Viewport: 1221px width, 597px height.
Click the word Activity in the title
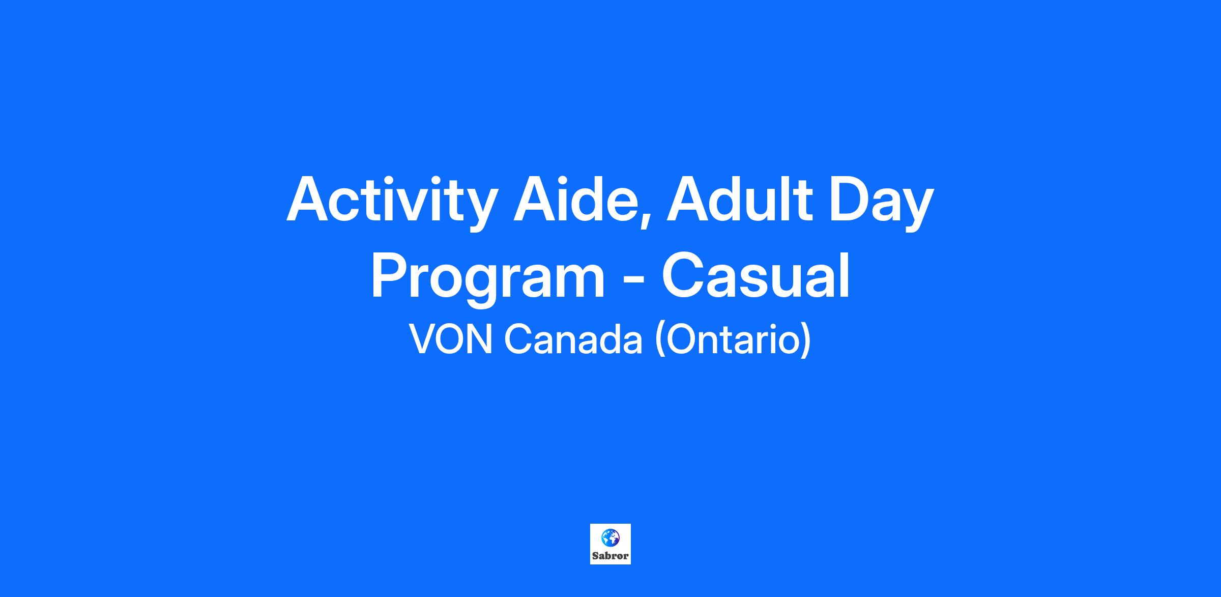pyautogui.click(x=390, y=202)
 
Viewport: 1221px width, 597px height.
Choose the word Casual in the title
pyautogui.click(x=755, y=276)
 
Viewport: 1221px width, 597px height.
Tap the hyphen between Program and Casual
pyautogui.click(x=633, y=281)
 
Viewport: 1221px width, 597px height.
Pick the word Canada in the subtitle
pyautogui.click(x=573, y=339)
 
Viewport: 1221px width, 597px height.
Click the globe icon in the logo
pyautogui.click(x=610, y=537)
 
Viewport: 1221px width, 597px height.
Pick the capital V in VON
pyautogui.click(x=423, y=339)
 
